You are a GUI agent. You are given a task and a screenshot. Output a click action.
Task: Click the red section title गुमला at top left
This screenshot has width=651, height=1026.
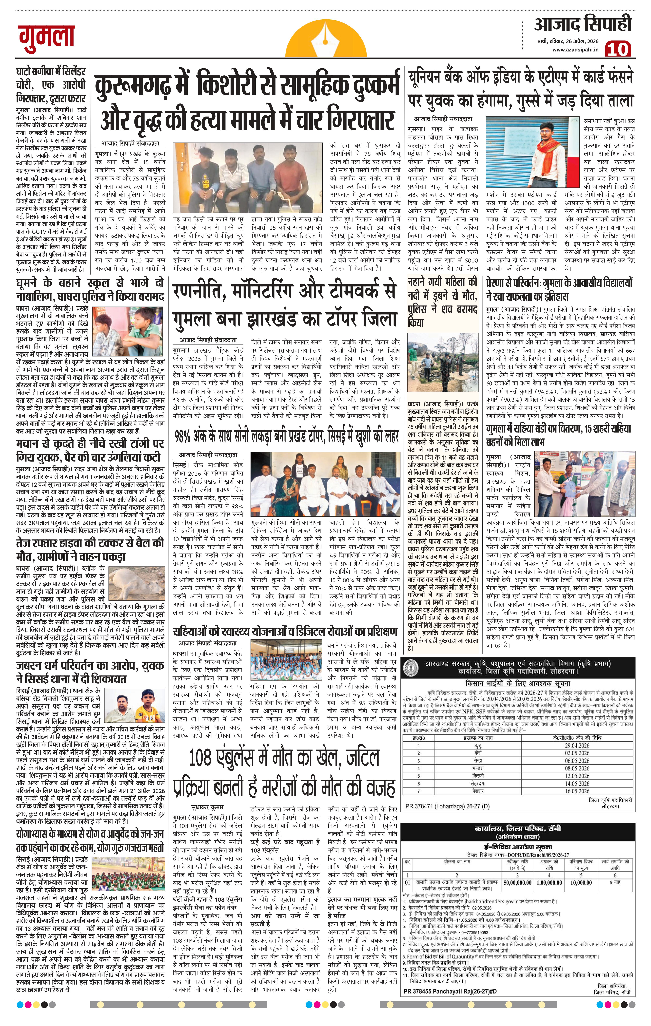(46, 35)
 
